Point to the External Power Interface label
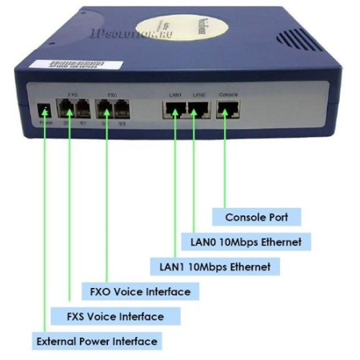tap(97, 342)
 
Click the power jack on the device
tap(45, 110)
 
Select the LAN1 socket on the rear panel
tap(174, 110)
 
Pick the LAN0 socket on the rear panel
tap(198, 110)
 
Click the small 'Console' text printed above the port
tap(226, 95)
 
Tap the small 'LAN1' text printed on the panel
tap(174, 95)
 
